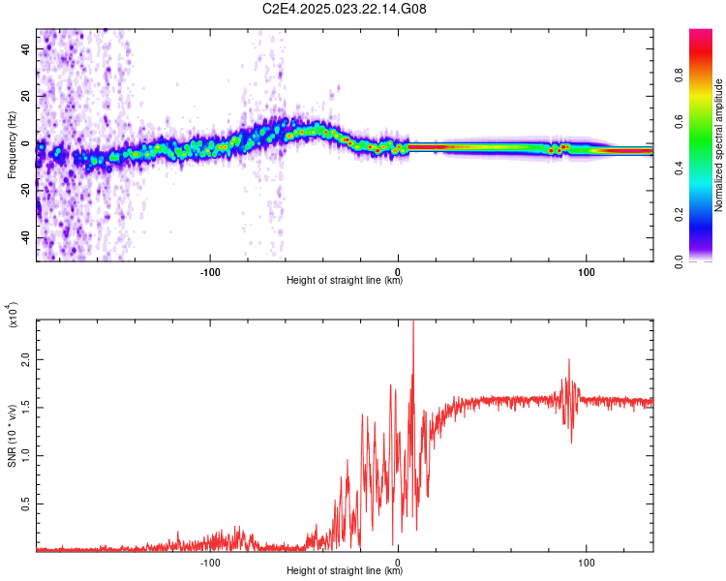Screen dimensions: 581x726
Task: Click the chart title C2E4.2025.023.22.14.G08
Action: click(345, 10)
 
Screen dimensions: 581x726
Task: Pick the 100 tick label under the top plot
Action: click(587, 271)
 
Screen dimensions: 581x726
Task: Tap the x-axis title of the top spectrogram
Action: click(345, 282)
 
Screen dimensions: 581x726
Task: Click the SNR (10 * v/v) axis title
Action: click(12, 435)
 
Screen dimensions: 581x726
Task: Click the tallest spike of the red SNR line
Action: click(413, 323)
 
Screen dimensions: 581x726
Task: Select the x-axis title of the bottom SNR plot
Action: click(345, 571)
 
